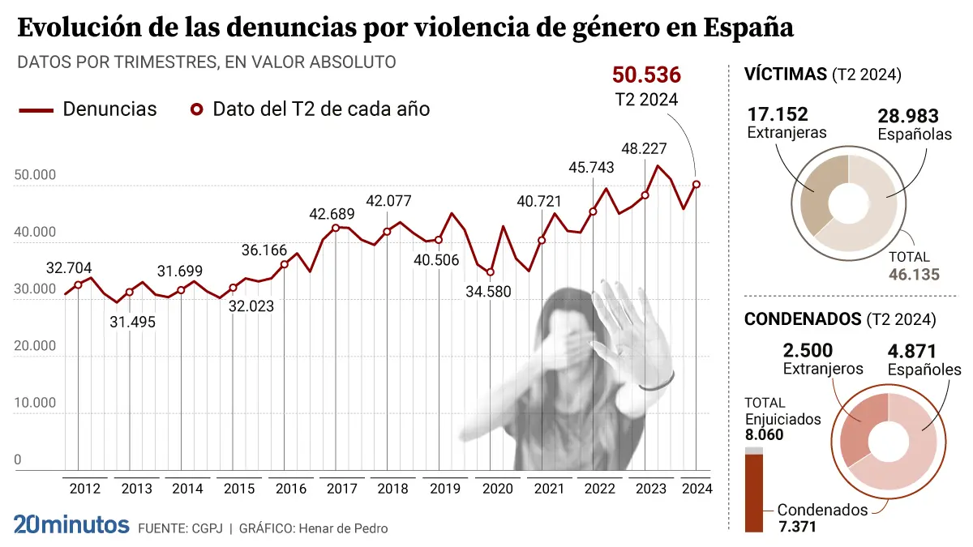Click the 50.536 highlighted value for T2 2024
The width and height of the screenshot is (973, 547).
pos(646,75)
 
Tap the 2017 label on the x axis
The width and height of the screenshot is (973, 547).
pos(343,489)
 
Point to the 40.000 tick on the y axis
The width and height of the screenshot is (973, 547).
pos(35,233)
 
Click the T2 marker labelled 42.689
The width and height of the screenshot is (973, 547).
pos(336,228)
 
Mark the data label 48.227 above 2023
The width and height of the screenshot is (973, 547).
pos(645,149)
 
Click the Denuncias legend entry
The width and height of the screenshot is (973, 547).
pos(109,109)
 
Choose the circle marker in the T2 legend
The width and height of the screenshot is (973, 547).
pos(195,109)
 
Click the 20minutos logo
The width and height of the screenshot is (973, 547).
pos(71,524)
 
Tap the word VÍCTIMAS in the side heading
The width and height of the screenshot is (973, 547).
pos(786,75)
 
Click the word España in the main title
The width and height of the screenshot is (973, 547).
pos(748,28)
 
